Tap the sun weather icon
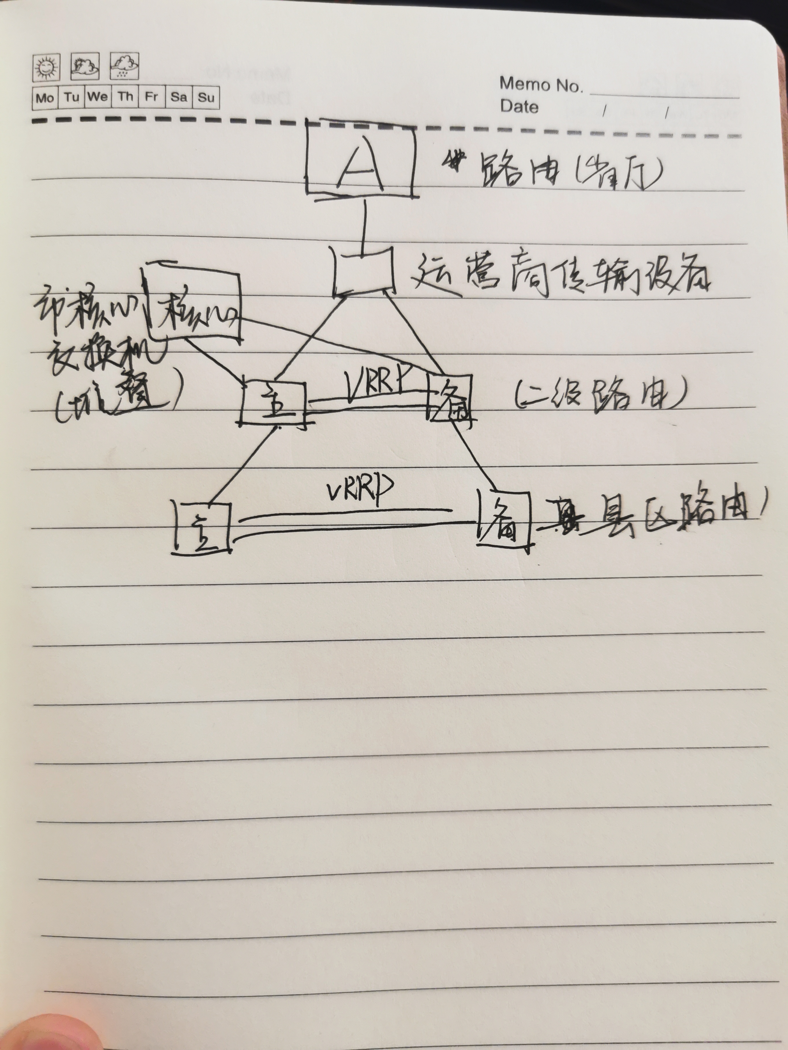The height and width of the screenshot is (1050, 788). point(46,67)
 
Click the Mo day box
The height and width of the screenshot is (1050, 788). point(45,98)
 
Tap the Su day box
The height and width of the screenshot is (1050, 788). point(206,98)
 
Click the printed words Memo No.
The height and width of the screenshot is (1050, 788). point(541,85)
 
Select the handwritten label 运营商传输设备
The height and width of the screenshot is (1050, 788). point(560,275)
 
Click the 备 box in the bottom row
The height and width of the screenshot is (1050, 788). point(503,520)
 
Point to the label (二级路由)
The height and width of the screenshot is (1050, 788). point(598,398)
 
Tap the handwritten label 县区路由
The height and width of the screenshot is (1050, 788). point(656,515)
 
